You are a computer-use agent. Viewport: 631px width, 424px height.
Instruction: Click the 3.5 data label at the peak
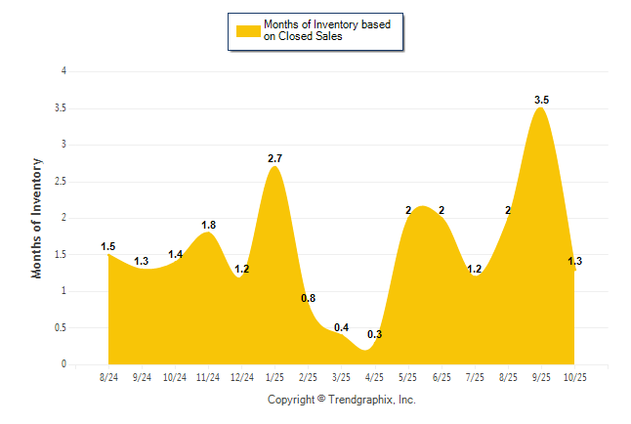coord(541,100)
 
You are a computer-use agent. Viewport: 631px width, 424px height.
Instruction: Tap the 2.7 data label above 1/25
coord(275,158)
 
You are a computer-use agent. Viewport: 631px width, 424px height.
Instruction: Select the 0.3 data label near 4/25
coord(374,335)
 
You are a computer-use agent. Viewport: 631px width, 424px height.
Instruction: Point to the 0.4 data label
coord(341,327)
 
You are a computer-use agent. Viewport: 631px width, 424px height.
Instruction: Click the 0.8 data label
coord(308,298)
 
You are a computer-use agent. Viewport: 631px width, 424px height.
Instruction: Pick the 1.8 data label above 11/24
coord(208,225)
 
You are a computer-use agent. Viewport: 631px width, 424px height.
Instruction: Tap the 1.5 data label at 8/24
coord(108,246)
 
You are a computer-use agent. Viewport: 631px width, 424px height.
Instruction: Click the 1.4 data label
coord(176,254)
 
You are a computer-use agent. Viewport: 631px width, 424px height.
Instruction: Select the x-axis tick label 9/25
coord(541,376)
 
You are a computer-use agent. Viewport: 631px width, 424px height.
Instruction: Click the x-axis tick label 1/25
coord(275,376)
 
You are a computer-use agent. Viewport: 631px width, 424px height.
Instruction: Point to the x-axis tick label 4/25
coord(375,376)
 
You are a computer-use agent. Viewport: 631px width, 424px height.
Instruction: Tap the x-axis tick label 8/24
coord(109,376)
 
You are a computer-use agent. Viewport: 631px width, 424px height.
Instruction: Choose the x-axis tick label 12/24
coord(242,376)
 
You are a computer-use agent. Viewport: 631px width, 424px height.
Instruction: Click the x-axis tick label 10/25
coord(574,376)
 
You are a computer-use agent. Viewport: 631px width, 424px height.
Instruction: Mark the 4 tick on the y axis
coord(63,71)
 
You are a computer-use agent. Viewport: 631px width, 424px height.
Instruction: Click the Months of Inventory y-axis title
coord(37,218)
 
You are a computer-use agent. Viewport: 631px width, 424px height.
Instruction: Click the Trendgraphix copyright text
coord(342,400)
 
